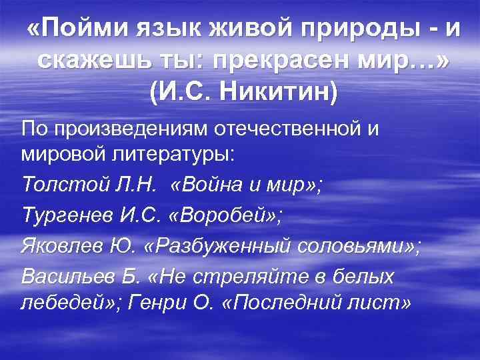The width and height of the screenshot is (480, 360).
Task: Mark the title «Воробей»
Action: click(x=213, y=215)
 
